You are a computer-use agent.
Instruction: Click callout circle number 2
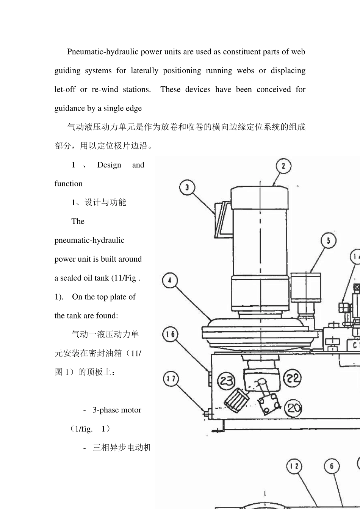click(x=283, y=166)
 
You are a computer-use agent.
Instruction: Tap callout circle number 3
click(x=187, y=187)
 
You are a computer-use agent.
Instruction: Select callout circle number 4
click(x=170, y=281)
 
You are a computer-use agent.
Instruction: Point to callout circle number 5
click(x=329, y=240)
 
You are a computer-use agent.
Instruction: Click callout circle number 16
click(x=171, y=334)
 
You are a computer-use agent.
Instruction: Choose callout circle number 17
click(x=171, y=379)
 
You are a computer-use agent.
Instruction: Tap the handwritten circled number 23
click(x=226, y=380)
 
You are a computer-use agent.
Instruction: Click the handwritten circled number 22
click(x=292, y=378)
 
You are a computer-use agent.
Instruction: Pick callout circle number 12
click(x=294, y=466)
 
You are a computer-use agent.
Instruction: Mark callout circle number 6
click(x=332, y=466)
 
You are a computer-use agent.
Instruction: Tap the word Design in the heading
click(x=109, y=165)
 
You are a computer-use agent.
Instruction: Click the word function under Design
click(x=68, y=184)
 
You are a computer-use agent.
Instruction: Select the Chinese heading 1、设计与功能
click(x=99, y=202)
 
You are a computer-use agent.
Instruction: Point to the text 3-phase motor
click(x=117, y=410)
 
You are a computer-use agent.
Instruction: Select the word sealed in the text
click(x=71, y=278)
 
